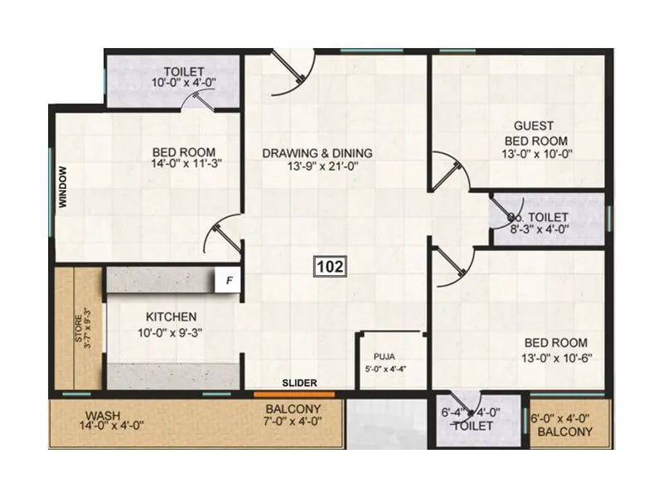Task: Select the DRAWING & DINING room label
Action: [317, 153]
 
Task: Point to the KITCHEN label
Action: [172, 316]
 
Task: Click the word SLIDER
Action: [298, 383]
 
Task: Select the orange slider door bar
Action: [294, 394]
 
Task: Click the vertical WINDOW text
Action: [62, 191]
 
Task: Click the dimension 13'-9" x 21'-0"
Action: [317, 166]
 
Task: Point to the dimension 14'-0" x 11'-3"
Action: [184, 164]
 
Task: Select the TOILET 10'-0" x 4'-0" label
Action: [184, 76]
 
